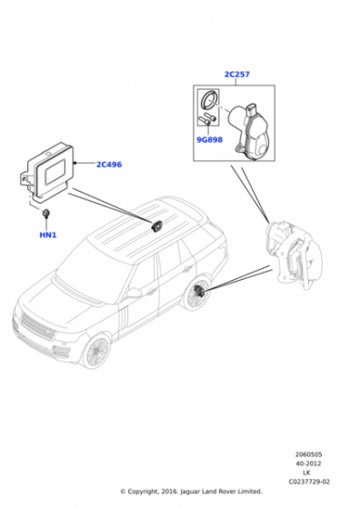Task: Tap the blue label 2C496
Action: click(x=109, y=165)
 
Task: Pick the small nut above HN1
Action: click(x=45, y=214)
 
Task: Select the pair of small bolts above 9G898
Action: click(x=205, y=121)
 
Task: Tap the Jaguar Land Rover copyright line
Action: click(x=179, y=491)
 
